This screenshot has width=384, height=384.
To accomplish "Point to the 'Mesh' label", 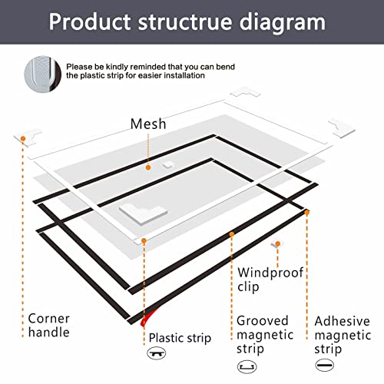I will pyautogui.click(x=147, y=124).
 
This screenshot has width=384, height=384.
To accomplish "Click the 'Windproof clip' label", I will pyautogui.click(x=270, y=280).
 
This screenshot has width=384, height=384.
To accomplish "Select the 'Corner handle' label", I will pyautogui.click(x=49, y=325).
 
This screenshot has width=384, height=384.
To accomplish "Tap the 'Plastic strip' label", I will pyautogui.click(x=180, y=336).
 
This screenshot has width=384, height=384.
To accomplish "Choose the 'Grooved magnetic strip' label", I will pyautogui.click(x=263, y=334).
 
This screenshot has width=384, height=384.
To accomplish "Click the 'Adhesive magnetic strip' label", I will pyautogui.click(x=343, y=334).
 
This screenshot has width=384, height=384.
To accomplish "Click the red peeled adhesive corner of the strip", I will pyautogui.click(x=141, y=317).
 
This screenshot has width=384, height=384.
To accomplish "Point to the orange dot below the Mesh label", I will pyautogui.click(x=147, y=165).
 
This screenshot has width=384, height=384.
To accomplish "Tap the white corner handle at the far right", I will pyautogui.click(x=343, y=127).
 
